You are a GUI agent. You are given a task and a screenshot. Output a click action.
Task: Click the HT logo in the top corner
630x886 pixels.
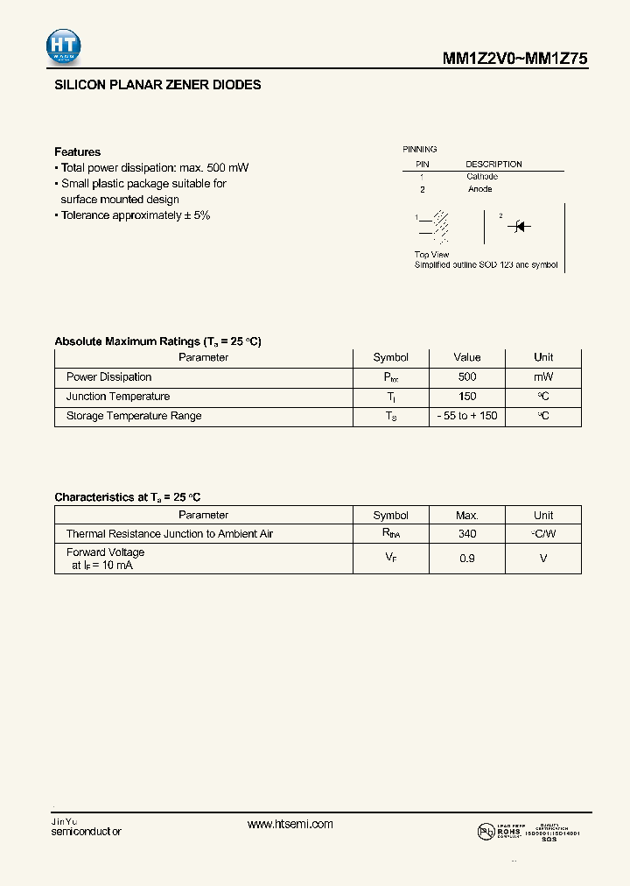pos(64,46)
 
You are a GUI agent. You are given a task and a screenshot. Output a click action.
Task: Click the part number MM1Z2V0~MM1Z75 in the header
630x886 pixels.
pos(514,59)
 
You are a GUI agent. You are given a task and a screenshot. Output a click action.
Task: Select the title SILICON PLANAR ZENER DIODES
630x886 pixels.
pos(157,86)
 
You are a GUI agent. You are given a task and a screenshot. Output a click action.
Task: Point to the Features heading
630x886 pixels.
pos(77,151)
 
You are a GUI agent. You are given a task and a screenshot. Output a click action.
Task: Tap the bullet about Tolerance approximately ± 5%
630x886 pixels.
pos(132,215)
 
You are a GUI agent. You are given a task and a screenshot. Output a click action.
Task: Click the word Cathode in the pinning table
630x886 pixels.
pos(482,177)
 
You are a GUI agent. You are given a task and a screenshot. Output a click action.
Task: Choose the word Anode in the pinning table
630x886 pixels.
pos(479,189)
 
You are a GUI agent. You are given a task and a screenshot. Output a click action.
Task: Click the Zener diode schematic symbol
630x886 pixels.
pos(520,227)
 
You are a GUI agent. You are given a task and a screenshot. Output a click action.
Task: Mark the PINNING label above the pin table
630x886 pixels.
pos(420,150)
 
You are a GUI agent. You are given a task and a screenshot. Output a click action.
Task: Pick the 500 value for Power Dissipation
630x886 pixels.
pos(467,377)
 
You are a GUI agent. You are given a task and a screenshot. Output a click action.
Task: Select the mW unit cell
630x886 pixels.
pos(543,377)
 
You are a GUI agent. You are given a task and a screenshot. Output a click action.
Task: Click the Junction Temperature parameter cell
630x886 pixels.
pos(118,397)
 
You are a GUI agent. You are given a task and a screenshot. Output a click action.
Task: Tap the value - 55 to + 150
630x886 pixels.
pos(467,416)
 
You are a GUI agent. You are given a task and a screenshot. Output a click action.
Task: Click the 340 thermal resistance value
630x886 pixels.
pos(467,534)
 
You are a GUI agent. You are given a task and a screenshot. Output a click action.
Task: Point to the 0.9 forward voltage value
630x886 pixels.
pos(467,558)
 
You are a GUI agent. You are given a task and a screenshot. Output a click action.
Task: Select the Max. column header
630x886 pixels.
pos(467,516)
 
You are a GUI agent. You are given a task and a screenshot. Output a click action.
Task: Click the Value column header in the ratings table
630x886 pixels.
pos(467,357)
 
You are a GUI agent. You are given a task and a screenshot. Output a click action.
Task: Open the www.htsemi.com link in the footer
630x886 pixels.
pos(290,825)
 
